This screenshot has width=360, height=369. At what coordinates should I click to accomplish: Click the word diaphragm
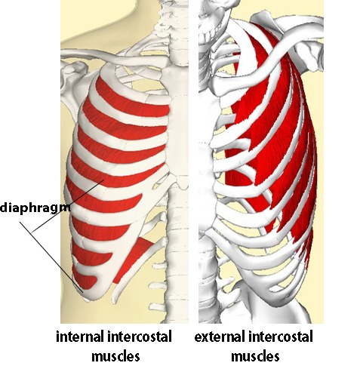35,208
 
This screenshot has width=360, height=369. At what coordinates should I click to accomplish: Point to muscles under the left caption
115,356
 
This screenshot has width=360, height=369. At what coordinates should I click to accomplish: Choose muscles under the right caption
255,356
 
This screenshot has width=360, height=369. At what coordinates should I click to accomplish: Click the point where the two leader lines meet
32,232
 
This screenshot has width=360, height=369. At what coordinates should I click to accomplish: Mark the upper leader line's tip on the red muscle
103,180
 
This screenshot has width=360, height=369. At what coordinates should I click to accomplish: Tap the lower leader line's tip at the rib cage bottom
83,292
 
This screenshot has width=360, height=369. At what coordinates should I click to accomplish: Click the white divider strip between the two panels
193,161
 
